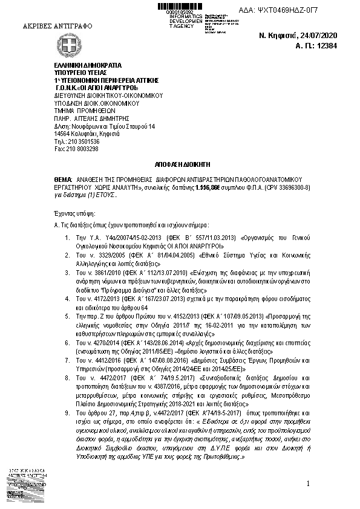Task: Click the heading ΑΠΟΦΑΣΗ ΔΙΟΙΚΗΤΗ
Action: [180, 164]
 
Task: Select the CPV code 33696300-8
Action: [292, 187]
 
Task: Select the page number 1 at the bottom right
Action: [308, 484]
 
